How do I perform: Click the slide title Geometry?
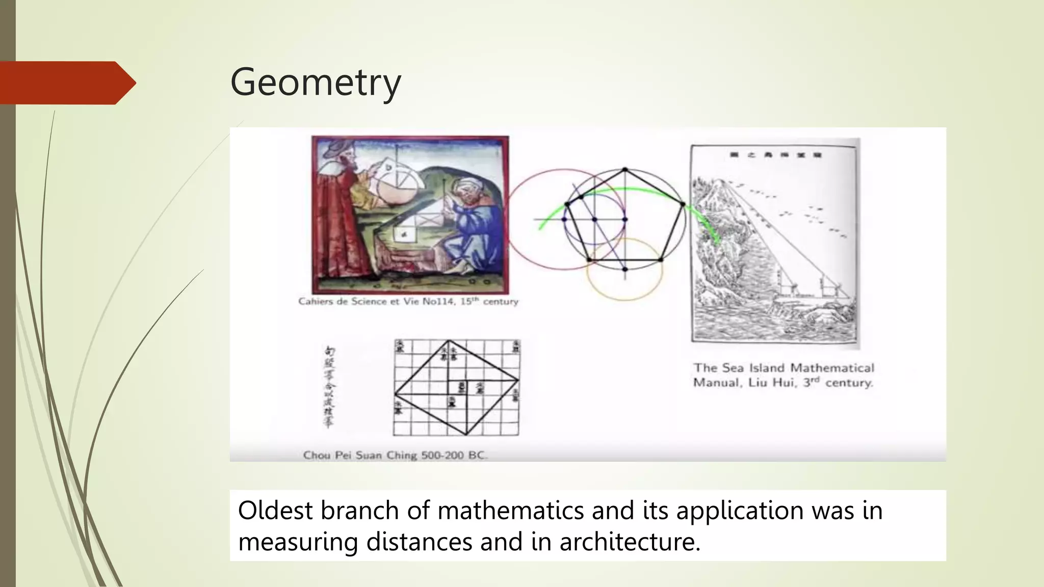tap(316, 83)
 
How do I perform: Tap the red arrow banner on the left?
tap(66, 83)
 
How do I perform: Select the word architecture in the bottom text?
tap(630, 541)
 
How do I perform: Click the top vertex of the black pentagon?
tap(625, 170)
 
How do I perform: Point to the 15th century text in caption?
tap(489, 302)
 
